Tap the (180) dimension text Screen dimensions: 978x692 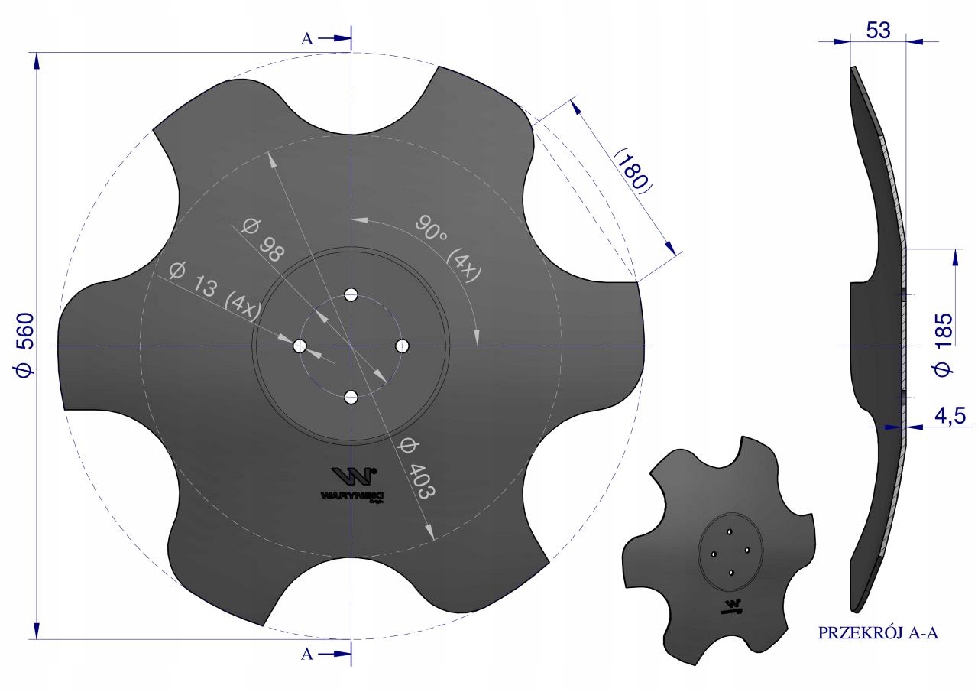coord(633,172)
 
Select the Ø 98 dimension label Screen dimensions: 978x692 coord(263,239)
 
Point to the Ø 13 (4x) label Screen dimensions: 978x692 coord(215,291)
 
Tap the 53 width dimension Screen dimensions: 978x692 coord(878,31)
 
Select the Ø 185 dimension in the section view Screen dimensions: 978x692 coord(943,345)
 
